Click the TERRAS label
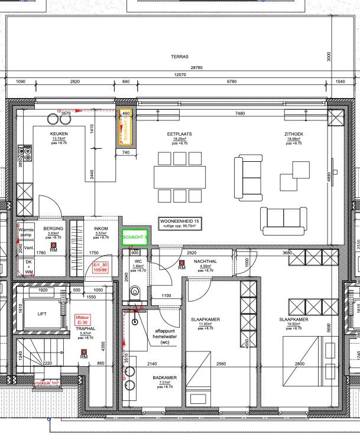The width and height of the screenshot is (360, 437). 180,57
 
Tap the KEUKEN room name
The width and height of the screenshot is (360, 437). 59,134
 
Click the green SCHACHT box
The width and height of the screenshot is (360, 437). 134,237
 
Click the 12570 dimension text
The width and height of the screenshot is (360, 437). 180,74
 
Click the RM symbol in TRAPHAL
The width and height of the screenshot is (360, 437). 85,354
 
